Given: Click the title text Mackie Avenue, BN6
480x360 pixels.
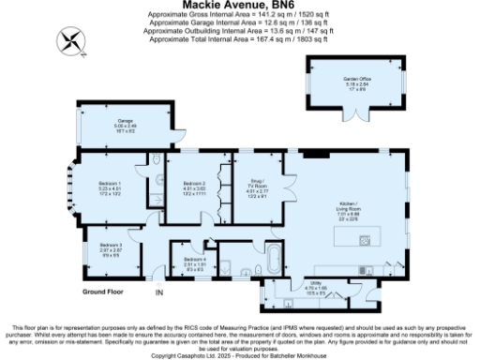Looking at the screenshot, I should click(240, 5).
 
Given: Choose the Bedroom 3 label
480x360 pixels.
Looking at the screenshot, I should click(111, 247).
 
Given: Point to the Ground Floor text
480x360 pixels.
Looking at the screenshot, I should click(104, 292).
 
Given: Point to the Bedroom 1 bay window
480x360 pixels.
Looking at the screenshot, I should click(69, 187).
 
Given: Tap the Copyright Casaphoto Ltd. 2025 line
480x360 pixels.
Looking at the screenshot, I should click(240, 356).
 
